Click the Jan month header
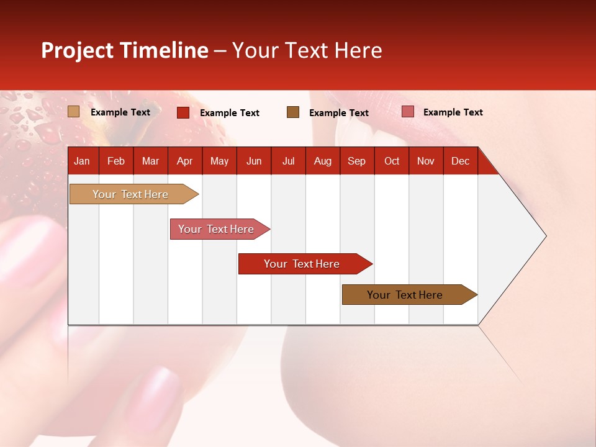pyautogui.click(x=82, y=161)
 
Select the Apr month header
pyautogui.click(x=184, y=161)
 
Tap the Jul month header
pyautogui.click(x=288, y=161)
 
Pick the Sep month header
pyautogui.click(x=356, y=161)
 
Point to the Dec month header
pyautogui.click(x=460, y=161)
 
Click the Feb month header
pyautogui.click(x=116, y=161)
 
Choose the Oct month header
pyautogui.click(x=392, y=161)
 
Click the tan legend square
pyautogui.click(x=74, y=112)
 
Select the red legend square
pyautogui.click(x=183, y=112)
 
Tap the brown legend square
pyautogui.click(x=293, y=112)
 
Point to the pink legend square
pyautogui.click(x=407, y=112)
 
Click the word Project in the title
pyautogui.click(x=78, y=50)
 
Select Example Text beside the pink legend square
pyautogui.click(x=453, y=112)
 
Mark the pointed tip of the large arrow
pyautogui.click(x=545, y=236)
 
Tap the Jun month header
pyautogui.click(x=254, y=161)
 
